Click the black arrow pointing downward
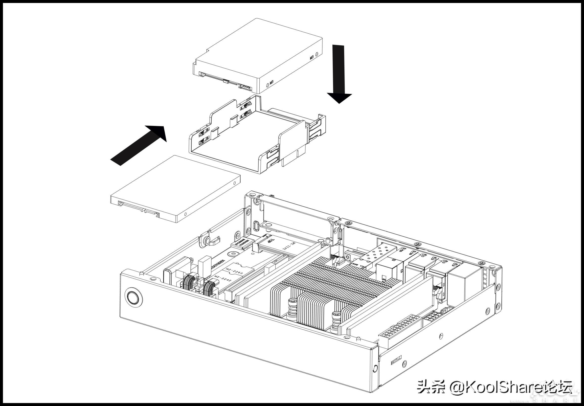339,76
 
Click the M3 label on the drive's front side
271,83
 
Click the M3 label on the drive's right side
312,58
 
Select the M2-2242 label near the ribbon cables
223,279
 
